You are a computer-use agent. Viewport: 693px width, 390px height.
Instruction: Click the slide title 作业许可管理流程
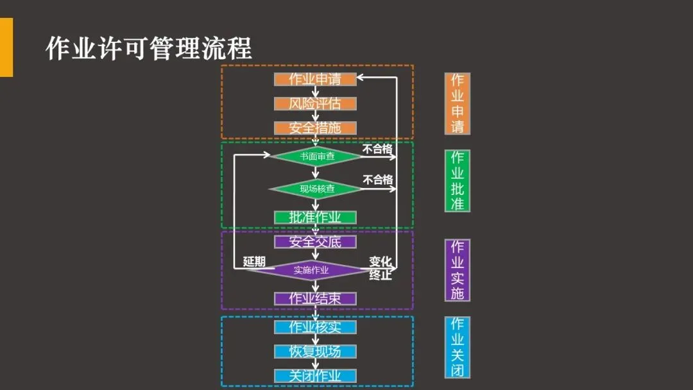click(x=149, y=48)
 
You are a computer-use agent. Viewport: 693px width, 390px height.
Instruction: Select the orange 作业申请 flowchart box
click(x=315, y=80)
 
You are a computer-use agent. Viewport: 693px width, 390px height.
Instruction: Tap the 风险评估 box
click(x=315, y=104)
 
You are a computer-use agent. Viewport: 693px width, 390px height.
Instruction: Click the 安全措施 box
click(x=315, y=128)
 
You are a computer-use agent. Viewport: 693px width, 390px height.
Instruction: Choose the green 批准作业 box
click(x=315, y=217)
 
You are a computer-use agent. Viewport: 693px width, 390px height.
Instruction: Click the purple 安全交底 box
click(x=315, y=242)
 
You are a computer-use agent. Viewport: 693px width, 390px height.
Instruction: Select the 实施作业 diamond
click(x=311, y=270)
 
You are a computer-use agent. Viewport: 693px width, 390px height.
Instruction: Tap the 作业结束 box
click(x=315, y=299)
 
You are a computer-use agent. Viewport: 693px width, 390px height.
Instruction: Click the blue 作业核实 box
click(x=315, y=327)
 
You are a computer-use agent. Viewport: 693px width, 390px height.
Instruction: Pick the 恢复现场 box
click(x=315, y=352)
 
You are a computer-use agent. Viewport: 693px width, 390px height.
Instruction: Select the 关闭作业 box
click(x=315, y=376)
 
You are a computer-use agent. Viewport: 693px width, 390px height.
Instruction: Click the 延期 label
click(x=254, y=262)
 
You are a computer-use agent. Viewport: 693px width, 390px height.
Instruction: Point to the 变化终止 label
click(x=381, y=269)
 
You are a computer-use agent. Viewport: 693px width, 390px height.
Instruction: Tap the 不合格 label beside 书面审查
click(x=377, y=149)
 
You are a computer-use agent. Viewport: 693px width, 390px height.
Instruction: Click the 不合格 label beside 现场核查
click(x=377, y=180)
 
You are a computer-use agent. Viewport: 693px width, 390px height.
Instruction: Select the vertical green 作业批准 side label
click(x=458, y=181)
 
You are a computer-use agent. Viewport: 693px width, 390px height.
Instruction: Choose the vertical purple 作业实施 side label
click(x=458, y=270)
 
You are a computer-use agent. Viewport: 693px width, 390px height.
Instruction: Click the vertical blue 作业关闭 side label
click(x=458, y=347)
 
